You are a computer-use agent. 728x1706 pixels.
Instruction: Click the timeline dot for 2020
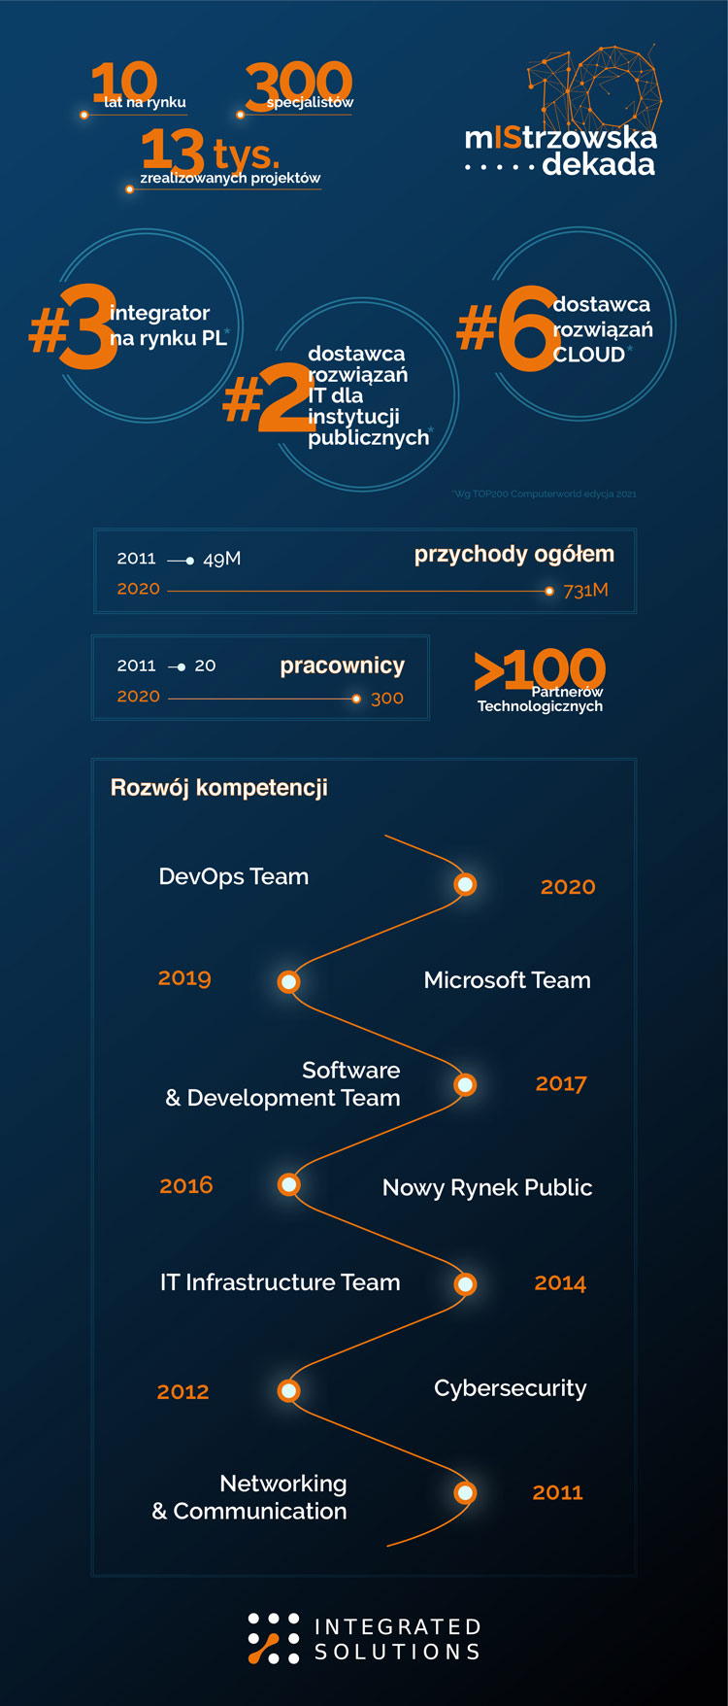(466, 884)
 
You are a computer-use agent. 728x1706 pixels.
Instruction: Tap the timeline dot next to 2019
(288, 981)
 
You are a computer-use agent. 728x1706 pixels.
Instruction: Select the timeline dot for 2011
(466, 1492)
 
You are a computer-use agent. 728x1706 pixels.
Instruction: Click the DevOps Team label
(234, 876)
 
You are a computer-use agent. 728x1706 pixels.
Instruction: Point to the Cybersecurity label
(510, 1388)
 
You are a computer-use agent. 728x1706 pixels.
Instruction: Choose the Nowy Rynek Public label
(487, 1187)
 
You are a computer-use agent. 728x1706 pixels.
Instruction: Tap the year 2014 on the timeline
(560, 1283)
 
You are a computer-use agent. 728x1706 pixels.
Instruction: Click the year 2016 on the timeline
(186, 1185)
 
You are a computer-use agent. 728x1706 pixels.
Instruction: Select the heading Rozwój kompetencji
(219, 787)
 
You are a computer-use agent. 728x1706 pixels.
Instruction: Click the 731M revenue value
(585, 591)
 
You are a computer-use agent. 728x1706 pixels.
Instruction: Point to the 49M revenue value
(221, 559)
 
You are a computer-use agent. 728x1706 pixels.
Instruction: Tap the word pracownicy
(342, 665)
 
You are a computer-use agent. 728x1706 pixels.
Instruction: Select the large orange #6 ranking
(509, 328)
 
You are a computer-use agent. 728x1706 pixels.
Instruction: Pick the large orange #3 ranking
(74, 327)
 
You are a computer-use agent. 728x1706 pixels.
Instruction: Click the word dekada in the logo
(598, 164)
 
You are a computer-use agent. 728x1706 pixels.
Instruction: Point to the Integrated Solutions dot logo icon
(273, 1638)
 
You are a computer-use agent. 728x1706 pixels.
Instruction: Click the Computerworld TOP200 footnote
(545, 494)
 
